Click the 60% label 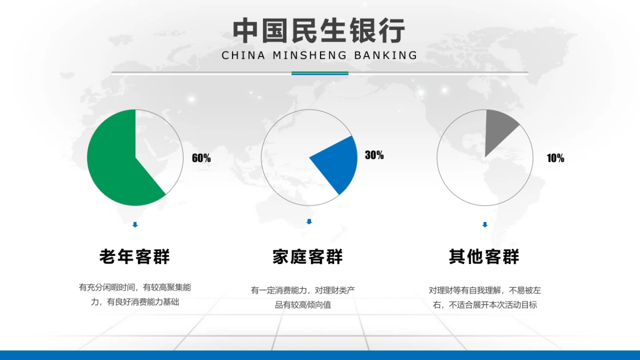pos(201,158)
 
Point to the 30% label pos(374,156)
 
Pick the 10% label pos(555,158)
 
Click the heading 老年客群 pos(135,257)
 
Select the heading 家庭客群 pos(308,257)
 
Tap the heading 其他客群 pos(484,257)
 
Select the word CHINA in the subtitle pos(243,55)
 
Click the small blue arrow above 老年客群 pos(135,225)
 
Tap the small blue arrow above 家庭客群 pos(309,221)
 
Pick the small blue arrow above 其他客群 pos(485,225)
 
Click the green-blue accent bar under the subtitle pos(319,73)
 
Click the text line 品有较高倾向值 pos(303,305)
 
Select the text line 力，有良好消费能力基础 pos(135,302)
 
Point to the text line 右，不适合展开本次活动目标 pos(485,305)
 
